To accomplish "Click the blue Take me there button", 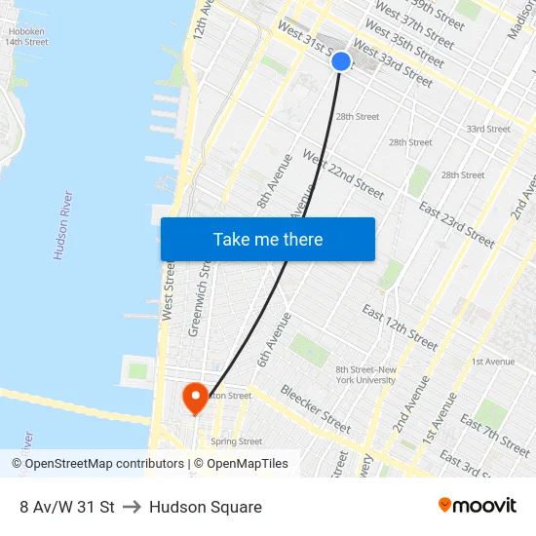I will click(267, 239).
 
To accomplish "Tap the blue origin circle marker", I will click(341, 61).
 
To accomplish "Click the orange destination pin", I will click(195, 397).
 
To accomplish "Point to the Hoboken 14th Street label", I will click(27, 37).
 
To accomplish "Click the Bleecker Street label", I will click(316, 409).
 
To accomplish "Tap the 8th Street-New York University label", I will click(365, 374).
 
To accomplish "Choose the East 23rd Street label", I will click(456, 224).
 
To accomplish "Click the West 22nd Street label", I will click(343, 173).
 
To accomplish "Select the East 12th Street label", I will click(400, 327).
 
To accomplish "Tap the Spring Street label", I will click(237, 441).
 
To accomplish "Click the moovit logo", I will click(478, 506).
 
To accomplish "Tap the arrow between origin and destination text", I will click(132, 507).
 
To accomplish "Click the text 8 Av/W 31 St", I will click(67, 507).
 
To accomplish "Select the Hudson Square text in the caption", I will click(206, 507).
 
